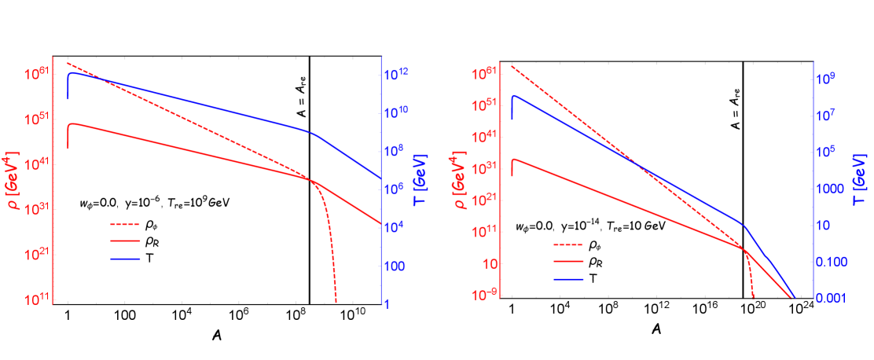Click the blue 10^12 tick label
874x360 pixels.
point(397,75)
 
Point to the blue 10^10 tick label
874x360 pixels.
point(397,113)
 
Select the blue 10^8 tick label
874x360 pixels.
point(397,151)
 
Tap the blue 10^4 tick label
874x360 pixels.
point(397,228)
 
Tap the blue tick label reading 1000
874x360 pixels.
point(828,189)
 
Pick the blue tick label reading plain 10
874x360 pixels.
point(823,226)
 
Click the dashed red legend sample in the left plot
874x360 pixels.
point(125,225)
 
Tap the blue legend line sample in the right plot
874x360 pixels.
point(569,279)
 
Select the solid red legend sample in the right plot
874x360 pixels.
point(569,261)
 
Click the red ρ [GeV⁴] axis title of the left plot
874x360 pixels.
point(14,178)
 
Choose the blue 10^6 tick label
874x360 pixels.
point(397,189)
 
